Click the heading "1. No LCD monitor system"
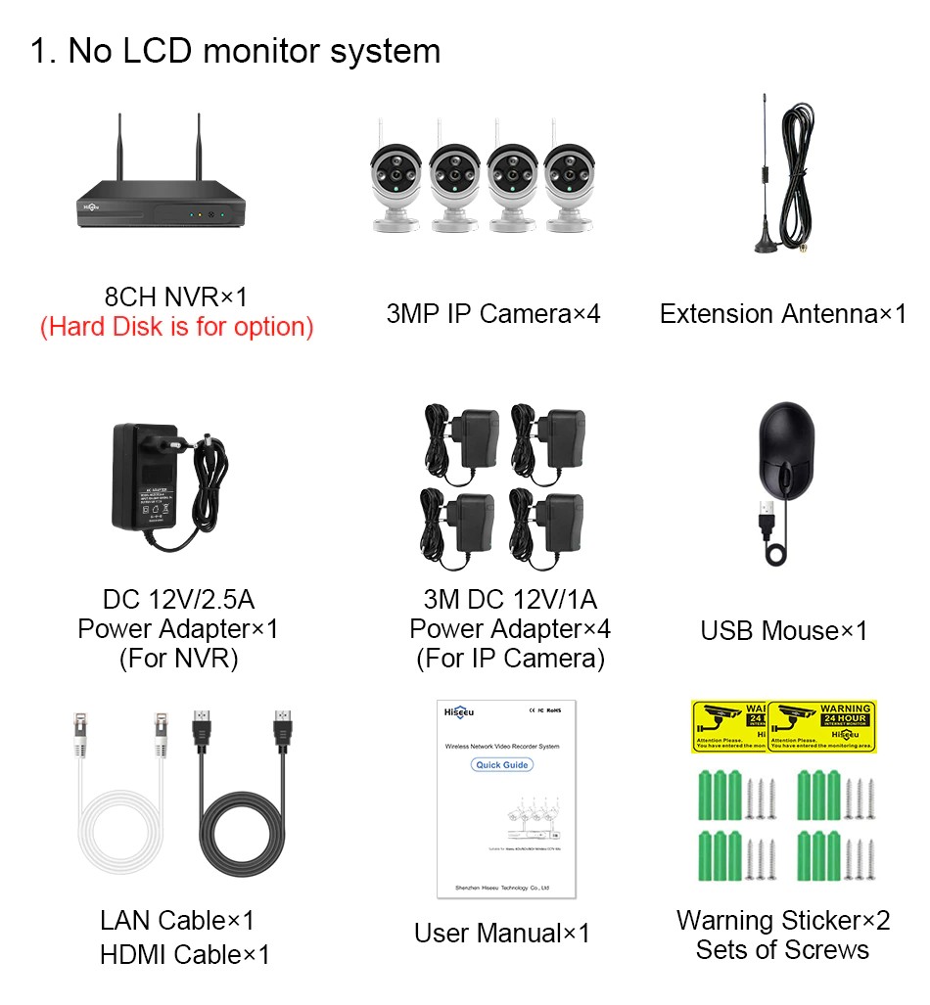[235, 51]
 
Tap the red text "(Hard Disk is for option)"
[176, 327]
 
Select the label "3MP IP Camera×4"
[493, 314]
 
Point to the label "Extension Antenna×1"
[782, 314]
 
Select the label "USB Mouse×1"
[783, 631]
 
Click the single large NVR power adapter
[147, 480]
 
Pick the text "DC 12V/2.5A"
[178, 599]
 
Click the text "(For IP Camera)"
[510, 659]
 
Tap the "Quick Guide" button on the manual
[502, 764]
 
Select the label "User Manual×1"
[501, 934]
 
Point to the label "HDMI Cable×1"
[184, 954]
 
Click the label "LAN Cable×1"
[177, 920]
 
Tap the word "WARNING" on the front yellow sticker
[844, 708]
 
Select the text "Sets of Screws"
[782, 949]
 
